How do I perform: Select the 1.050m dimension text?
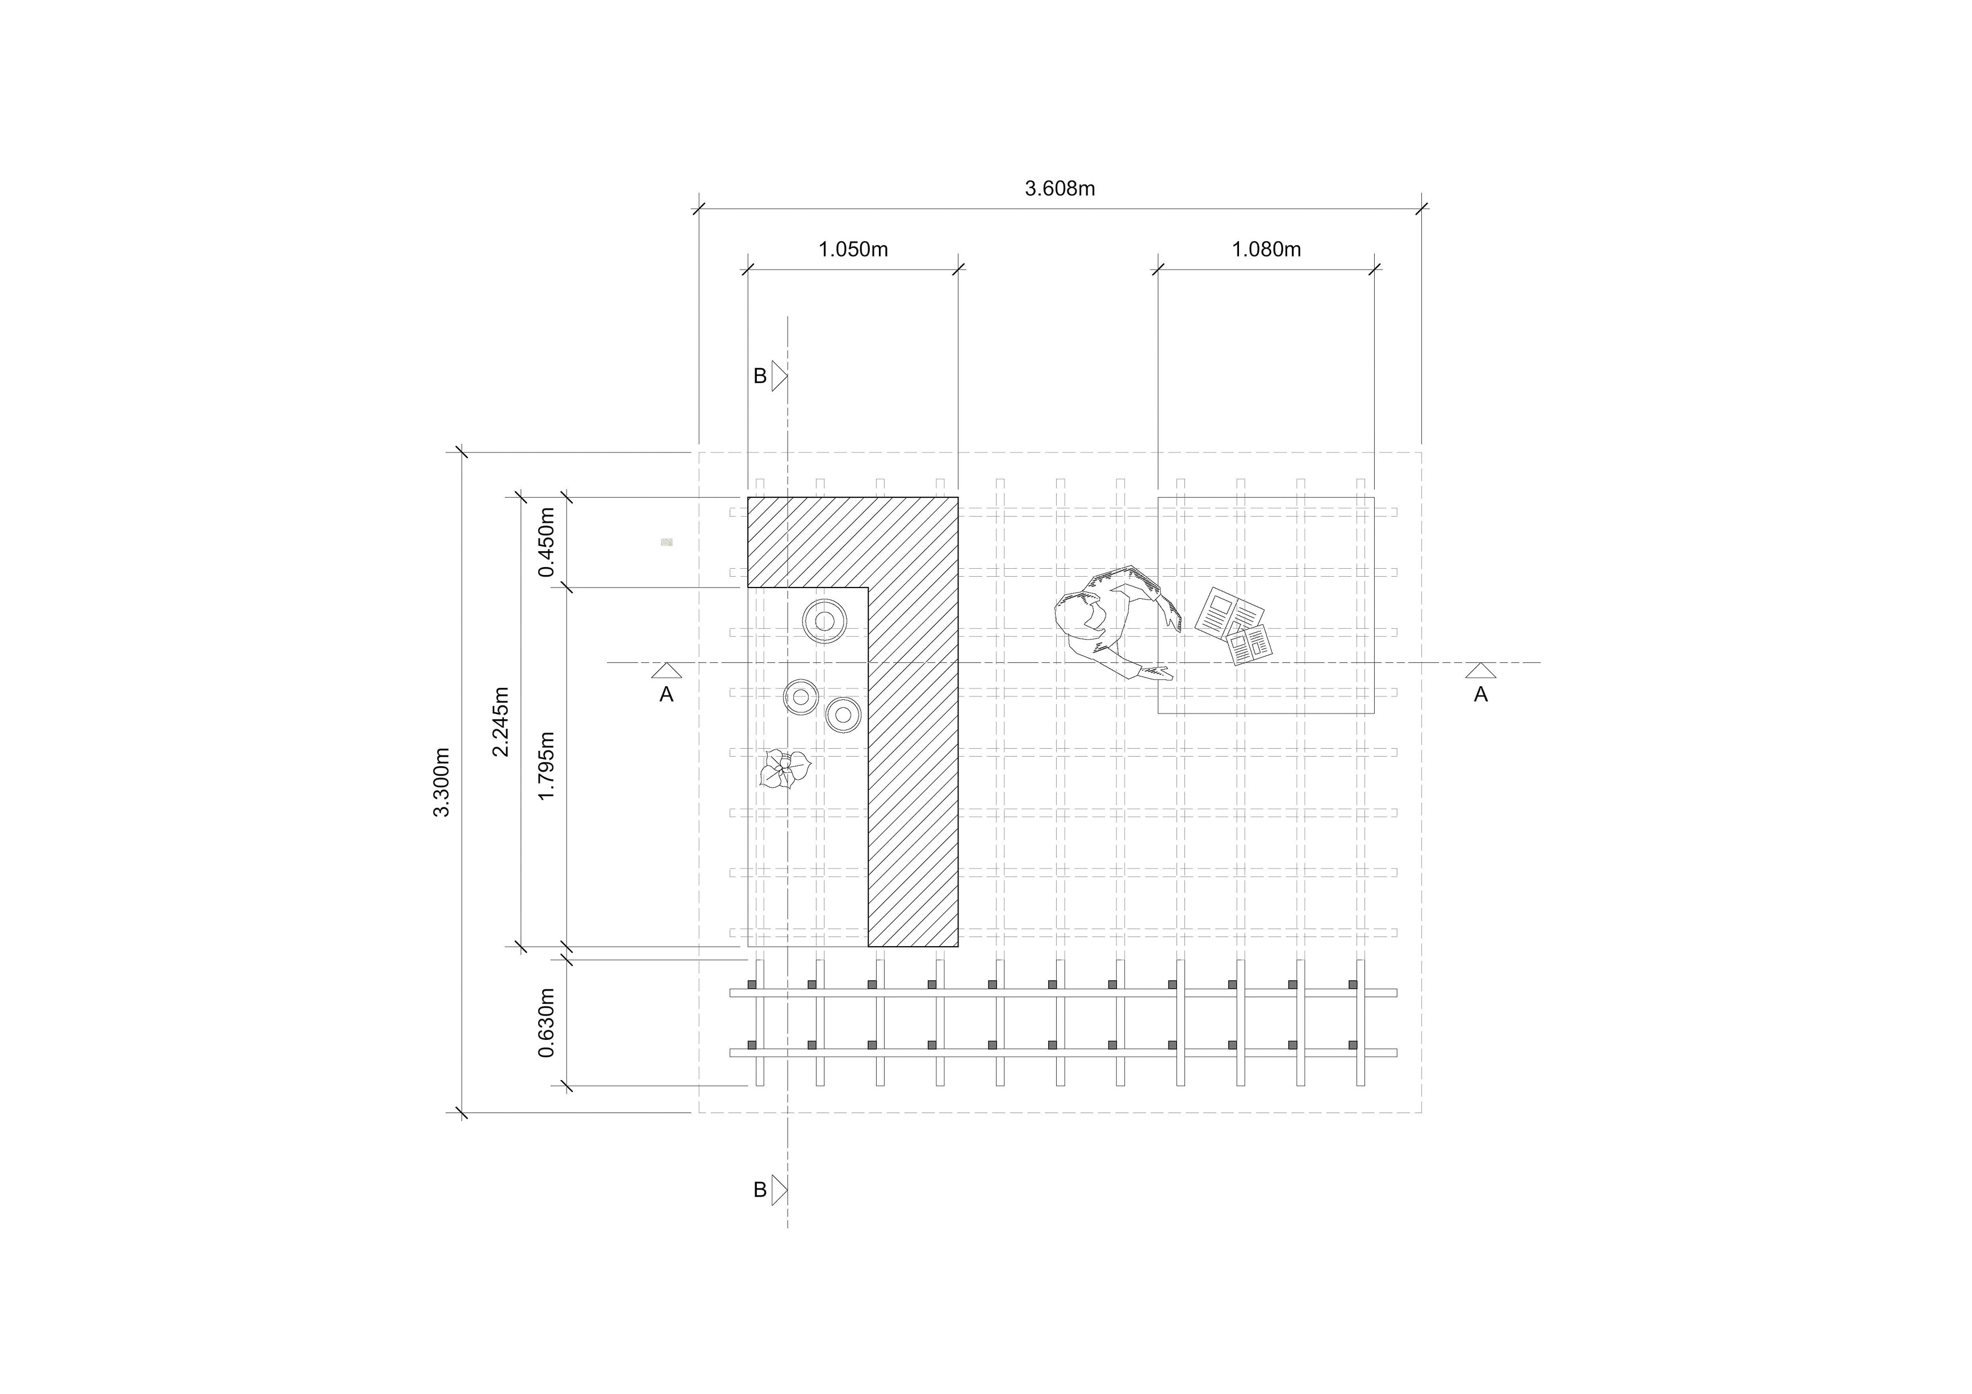(853, 250)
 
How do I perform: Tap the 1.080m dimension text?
(1266, 250)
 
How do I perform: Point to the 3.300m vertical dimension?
(441, 782)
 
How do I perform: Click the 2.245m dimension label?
(501, 722)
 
